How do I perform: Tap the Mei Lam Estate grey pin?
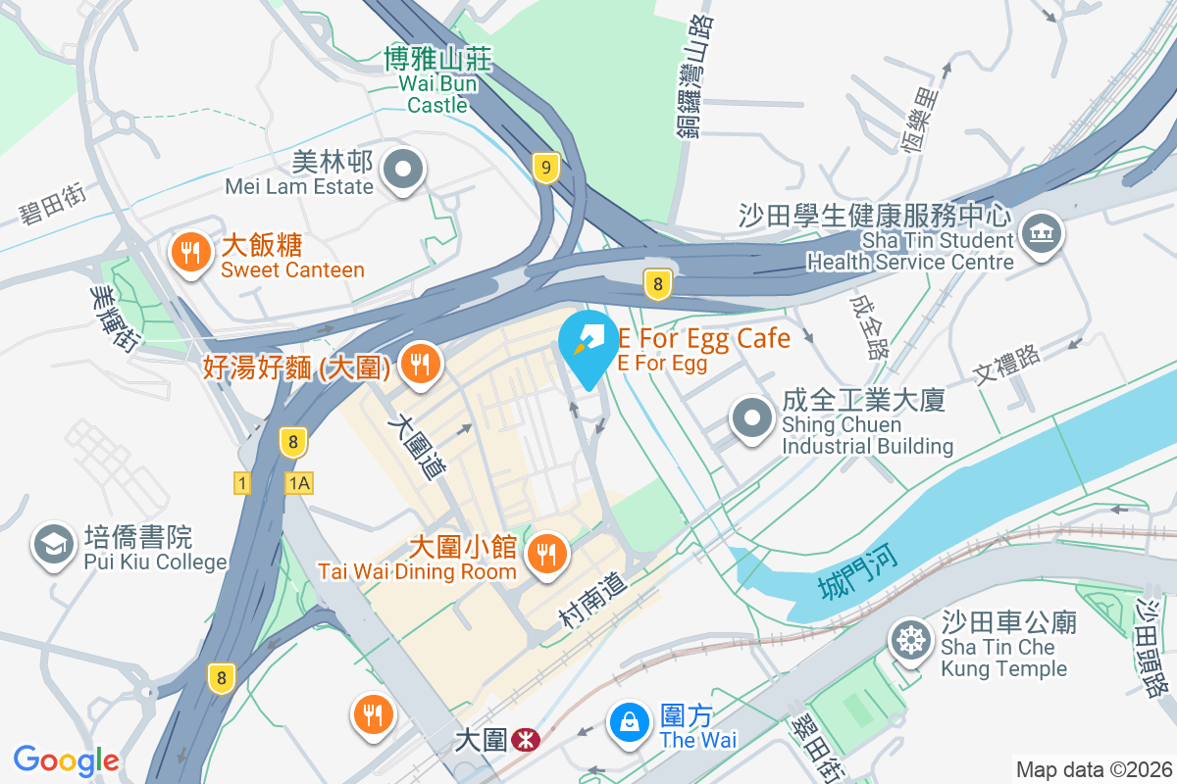[x=402, y=171]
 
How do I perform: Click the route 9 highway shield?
[x=545, y=168]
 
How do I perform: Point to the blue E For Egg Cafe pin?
[x=588, y=344]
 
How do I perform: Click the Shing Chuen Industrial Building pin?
[x=752, y=417]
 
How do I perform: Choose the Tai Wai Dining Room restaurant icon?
[x=543, y=555]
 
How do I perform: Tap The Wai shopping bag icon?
[x=629, y=722]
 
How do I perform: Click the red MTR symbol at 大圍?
[x=526, y=739]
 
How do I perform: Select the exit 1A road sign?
[x=298, y=482]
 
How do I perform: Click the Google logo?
[x=67, y=759]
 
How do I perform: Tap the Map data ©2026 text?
[x=1093, y=769]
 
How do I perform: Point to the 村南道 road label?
[x=592, y=600]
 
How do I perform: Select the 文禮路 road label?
[x=1006, y=366]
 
